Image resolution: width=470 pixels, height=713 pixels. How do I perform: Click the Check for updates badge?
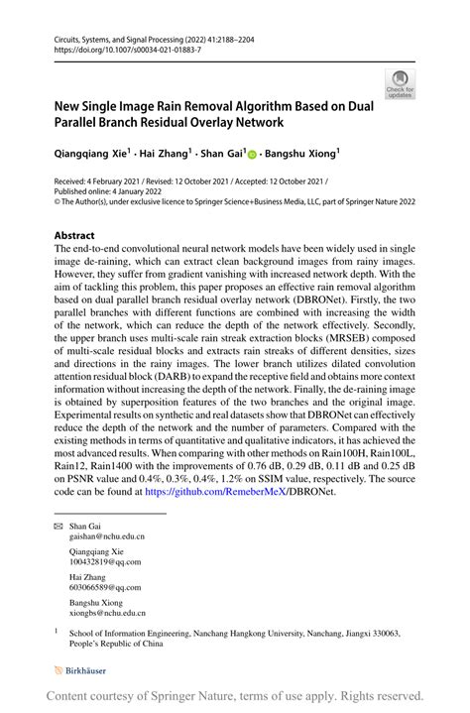pos(402,83)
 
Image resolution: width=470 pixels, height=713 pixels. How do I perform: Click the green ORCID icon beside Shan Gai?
pos(252,155)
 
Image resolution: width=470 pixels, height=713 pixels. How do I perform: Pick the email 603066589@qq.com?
pos(105,586)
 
